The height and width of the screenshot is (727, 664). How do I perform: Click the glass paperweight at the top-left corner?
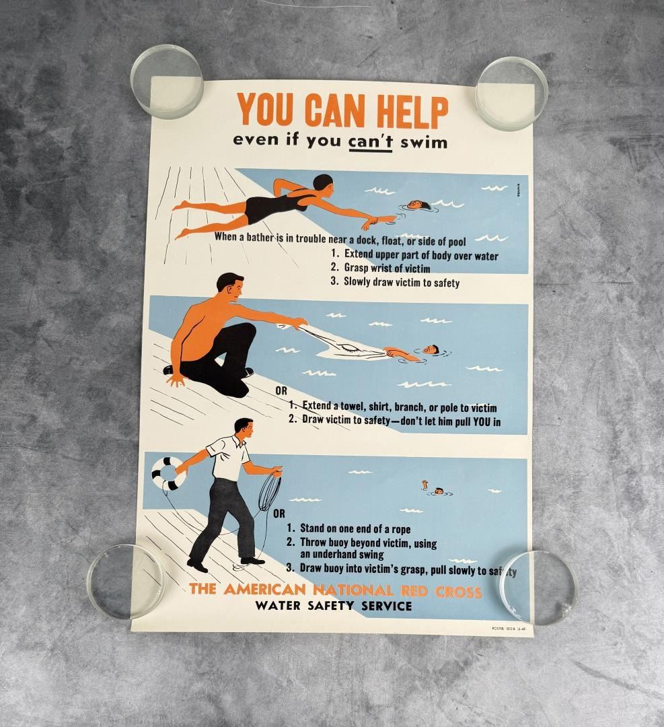(x=167, y=81)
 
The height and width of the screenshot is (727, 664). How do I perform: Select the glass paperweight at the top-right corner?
(x=511, y=92)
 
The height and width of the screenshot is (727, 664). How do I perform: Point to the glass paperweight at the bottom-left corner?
(x=126, y=581)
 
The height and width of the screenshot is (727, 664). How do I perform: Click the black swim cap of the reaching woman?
(x=324, y=182)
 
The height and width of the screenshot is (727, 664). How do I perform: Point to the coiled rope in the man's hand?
(x=269, y=492)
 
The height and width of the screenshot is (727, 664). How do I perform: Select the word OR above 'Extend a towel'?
(x=282, y=390)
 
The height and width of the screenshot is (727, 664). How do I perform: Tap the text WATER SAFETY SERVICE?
(x=333, y=606)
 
